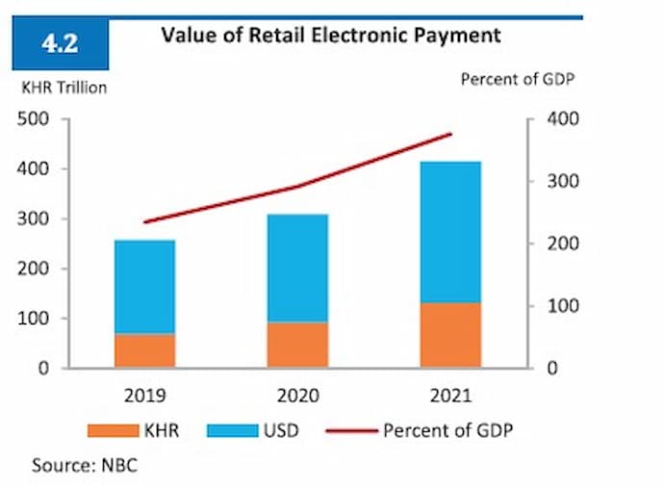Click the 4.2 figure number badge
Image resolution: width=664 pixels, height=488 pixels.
60,44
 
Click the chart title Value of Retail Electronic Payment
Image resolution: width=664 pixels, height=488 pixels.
330,36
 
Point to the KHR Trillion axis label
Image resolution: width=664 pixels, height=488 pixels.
64,88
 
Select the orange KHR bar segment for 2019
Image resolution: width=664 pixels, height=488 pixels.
144,350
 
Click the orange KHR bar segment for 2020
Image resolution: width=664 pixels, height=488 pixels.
297,345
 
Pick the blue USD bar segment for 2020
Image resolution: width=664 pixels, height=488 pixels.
297,268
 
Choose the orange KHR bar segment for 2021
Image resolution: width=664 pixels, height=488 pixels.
450,335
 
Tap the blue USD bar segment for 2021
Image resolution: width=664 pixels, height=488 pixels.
450,232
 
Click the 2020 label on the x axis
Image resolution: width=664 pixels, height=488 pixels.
297,395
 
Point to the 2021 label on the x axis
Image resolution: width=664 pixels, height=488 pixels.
450,395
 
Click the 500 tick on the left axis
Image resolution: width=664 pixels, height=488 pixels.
36,119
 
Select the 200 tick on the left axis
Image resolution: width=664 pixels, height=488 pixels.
36,269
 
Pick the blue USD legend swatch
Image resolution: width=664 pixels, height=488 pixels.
239,430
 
